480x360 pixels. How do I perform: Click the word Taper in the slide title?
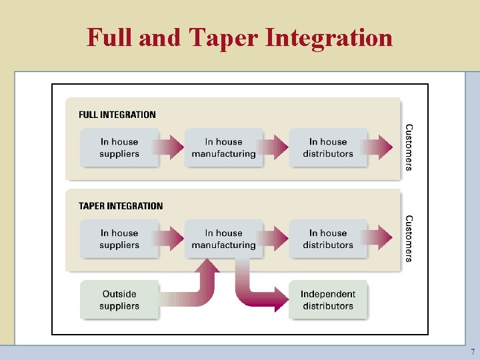[223, 37]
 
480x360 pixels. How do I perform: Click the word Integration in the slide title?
[329, 37]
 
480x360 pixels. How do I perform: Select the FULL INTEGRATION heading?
[117, 115]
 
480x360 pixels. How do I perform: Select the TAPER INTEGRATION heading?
[121, 206]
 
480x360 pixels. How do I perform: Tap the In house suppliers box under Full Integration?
[119, 147]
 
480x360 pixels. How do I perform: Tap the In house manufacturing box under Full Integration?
[223, 147]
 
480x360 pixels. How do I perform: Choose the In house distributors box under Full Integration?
[328, 147]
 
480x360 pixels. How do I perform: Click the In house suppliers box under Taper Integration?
[119, 239]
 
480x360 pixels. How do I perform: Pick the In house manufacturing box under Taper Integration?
[223, 239]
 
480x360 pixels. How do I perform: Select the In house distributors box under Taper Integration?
[328, 239]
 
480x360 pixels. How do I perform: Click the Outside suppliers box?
[119, 300]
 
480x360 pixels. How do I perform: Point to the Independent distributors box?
[328, 300]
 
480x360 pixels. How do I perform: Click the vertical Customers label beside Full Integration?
[409, 147]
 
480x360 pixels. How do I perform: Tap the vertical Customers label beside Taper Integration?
[409, 238]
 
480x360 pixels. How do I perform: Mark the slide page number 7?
[473, 351]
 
